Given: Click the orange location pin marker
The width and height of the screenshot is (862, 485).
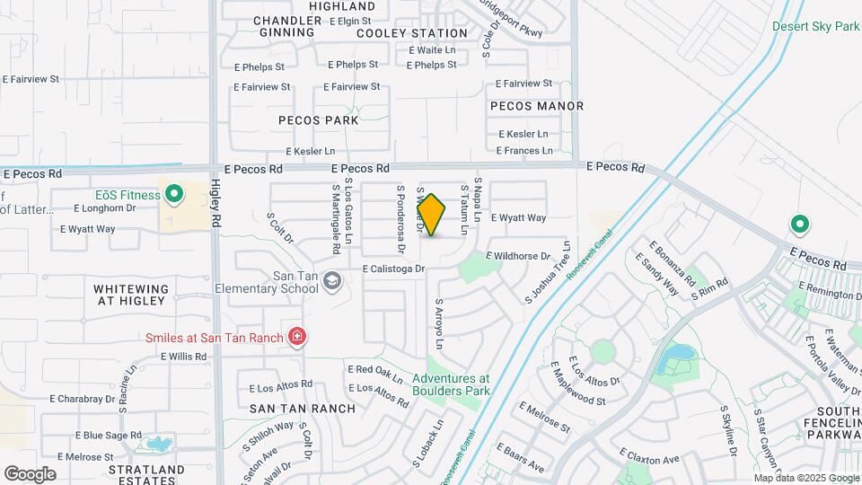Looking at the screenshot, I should tap(432, 216).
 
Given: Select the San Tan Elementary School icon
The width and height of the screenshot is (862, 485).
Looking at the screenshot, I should tap(331, 282).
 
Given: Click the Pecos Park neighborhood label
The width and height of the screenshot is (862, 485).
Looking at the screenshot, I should tap(318, 120).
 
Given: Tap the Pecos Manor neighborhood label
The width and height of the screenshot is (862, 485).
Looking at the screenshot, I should tap(537, 106).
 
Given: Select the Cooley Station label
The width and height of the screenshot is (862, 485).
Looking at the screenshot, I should tap(400, 33).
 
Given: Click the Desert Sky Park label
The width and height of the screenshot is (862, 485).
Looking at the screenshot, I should tap(815, 26).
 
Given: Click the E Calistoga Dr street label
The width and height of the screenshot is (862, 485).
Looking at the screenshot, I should tap(393, 269).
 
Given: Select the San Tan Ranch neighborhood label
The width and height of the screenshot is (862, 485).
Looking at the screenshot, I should tap(303, 409).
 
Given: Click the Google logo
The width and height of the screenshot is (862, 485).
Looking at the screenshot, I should tap(30, 473).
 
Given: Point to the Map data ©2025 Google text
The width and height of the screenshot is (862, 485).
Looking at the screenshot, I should tap(805, 478).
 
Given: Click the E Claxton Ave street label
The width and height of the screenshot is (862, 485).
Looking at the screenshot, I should tap(647, 460).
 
